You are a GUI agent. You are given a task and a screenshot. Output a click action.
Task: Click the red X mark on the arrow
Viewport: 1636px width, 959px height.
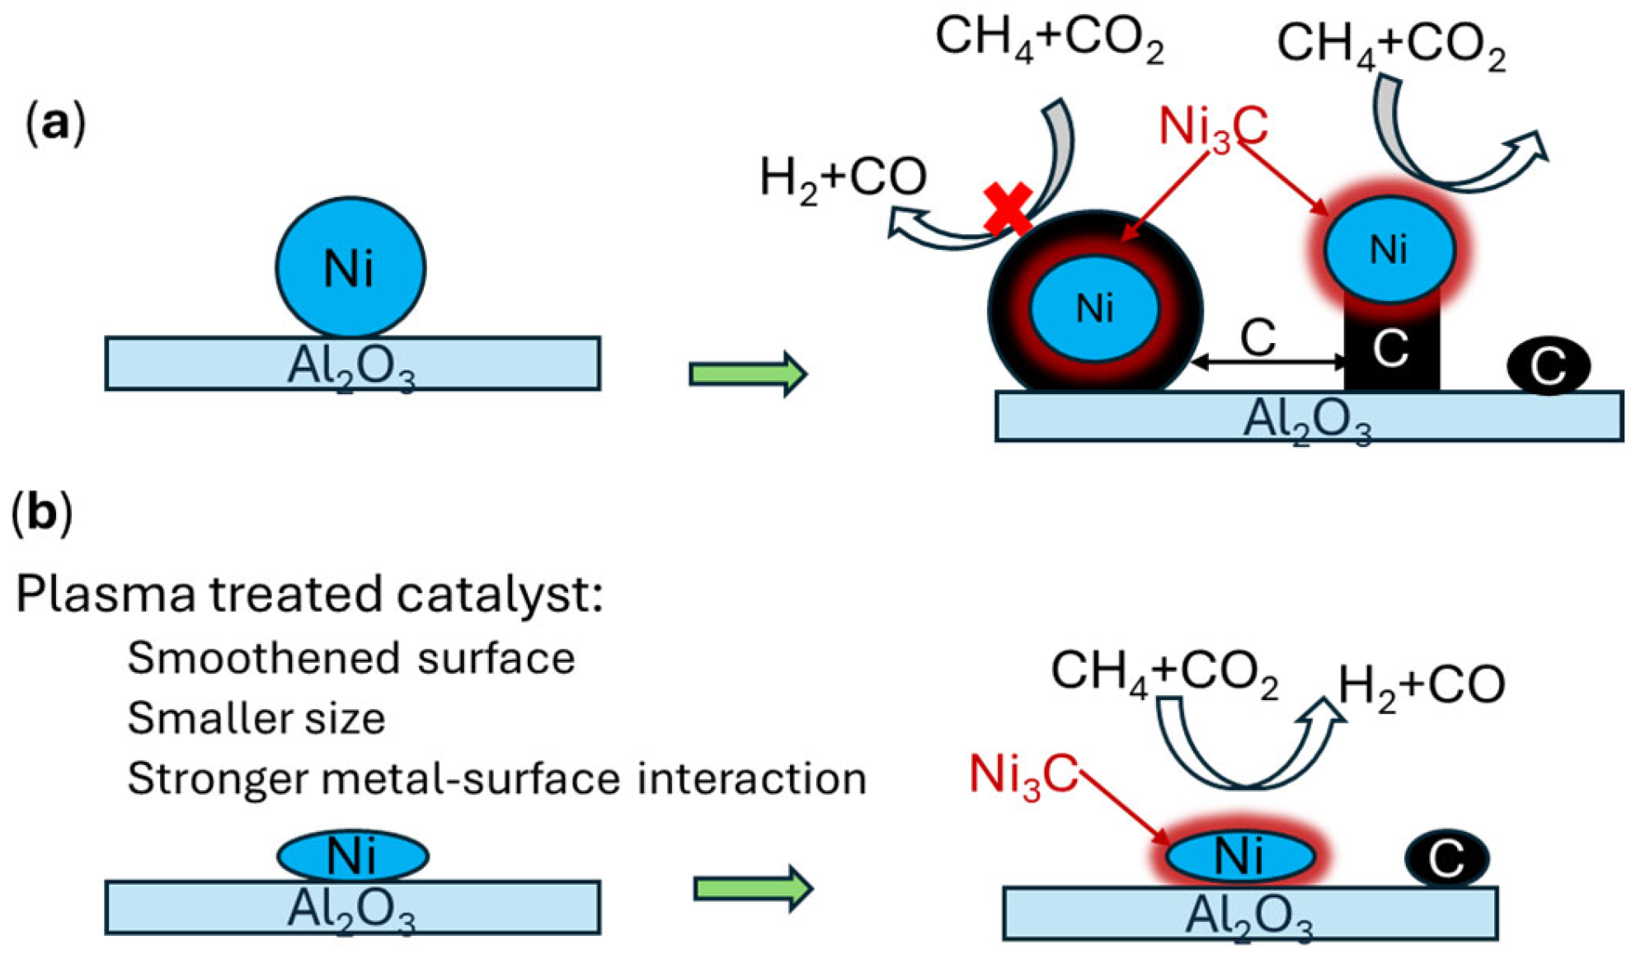1008,208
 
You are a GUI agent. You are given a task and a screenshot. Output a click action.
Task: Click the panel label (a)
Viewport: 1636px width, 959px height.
55,125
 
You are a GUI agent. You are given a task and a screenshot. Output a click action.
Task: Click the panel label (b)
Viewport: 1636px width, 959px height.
41,512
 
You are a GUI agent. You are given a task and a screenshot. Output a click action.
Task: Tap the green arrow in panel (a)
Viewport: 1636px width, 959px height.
747,374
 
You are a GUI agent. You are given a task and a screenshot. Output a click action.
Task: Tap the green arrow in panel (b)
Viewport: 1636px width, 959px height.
753,888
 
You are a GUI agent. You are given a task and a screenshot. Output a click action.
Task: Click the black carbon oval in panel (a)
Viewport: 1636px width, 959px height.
1548,365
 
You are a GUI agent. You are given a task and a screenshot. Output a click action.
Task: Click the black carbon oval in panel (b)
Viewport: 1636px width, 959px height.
1446,858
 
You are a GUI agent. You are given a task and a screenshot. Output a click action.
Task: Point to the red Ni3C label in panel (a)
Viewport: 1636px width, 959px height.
1212,128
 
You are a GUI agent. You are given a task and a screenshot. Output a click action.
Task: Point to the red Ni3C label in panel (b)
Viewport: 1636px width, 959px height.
1023,775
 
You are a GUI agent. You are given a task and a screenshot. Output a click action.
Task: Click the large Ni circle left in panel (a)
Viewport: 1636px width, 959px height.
350,267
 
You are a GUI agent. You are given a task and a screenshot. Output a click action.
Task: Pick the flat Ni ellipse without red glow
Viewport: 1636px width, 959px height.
352,856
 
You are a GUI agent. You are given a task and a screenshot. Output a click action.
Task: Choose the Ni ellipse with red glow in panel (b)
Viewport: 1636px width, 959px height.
1239,856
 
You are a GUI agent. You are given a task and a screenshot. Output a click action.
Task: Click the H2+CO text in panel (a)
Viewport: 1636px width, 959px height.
842,177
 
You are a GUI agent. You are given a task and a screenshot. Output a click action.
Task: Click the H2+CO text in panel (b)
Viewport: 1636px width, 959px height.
1420,685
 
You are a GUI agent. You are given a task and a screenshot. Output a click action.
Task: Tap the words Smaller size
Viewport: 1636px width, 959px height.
256,717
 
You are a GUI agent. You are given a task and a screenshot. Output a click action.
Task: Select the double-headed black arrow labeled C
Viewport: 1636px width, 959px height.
1268,361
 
